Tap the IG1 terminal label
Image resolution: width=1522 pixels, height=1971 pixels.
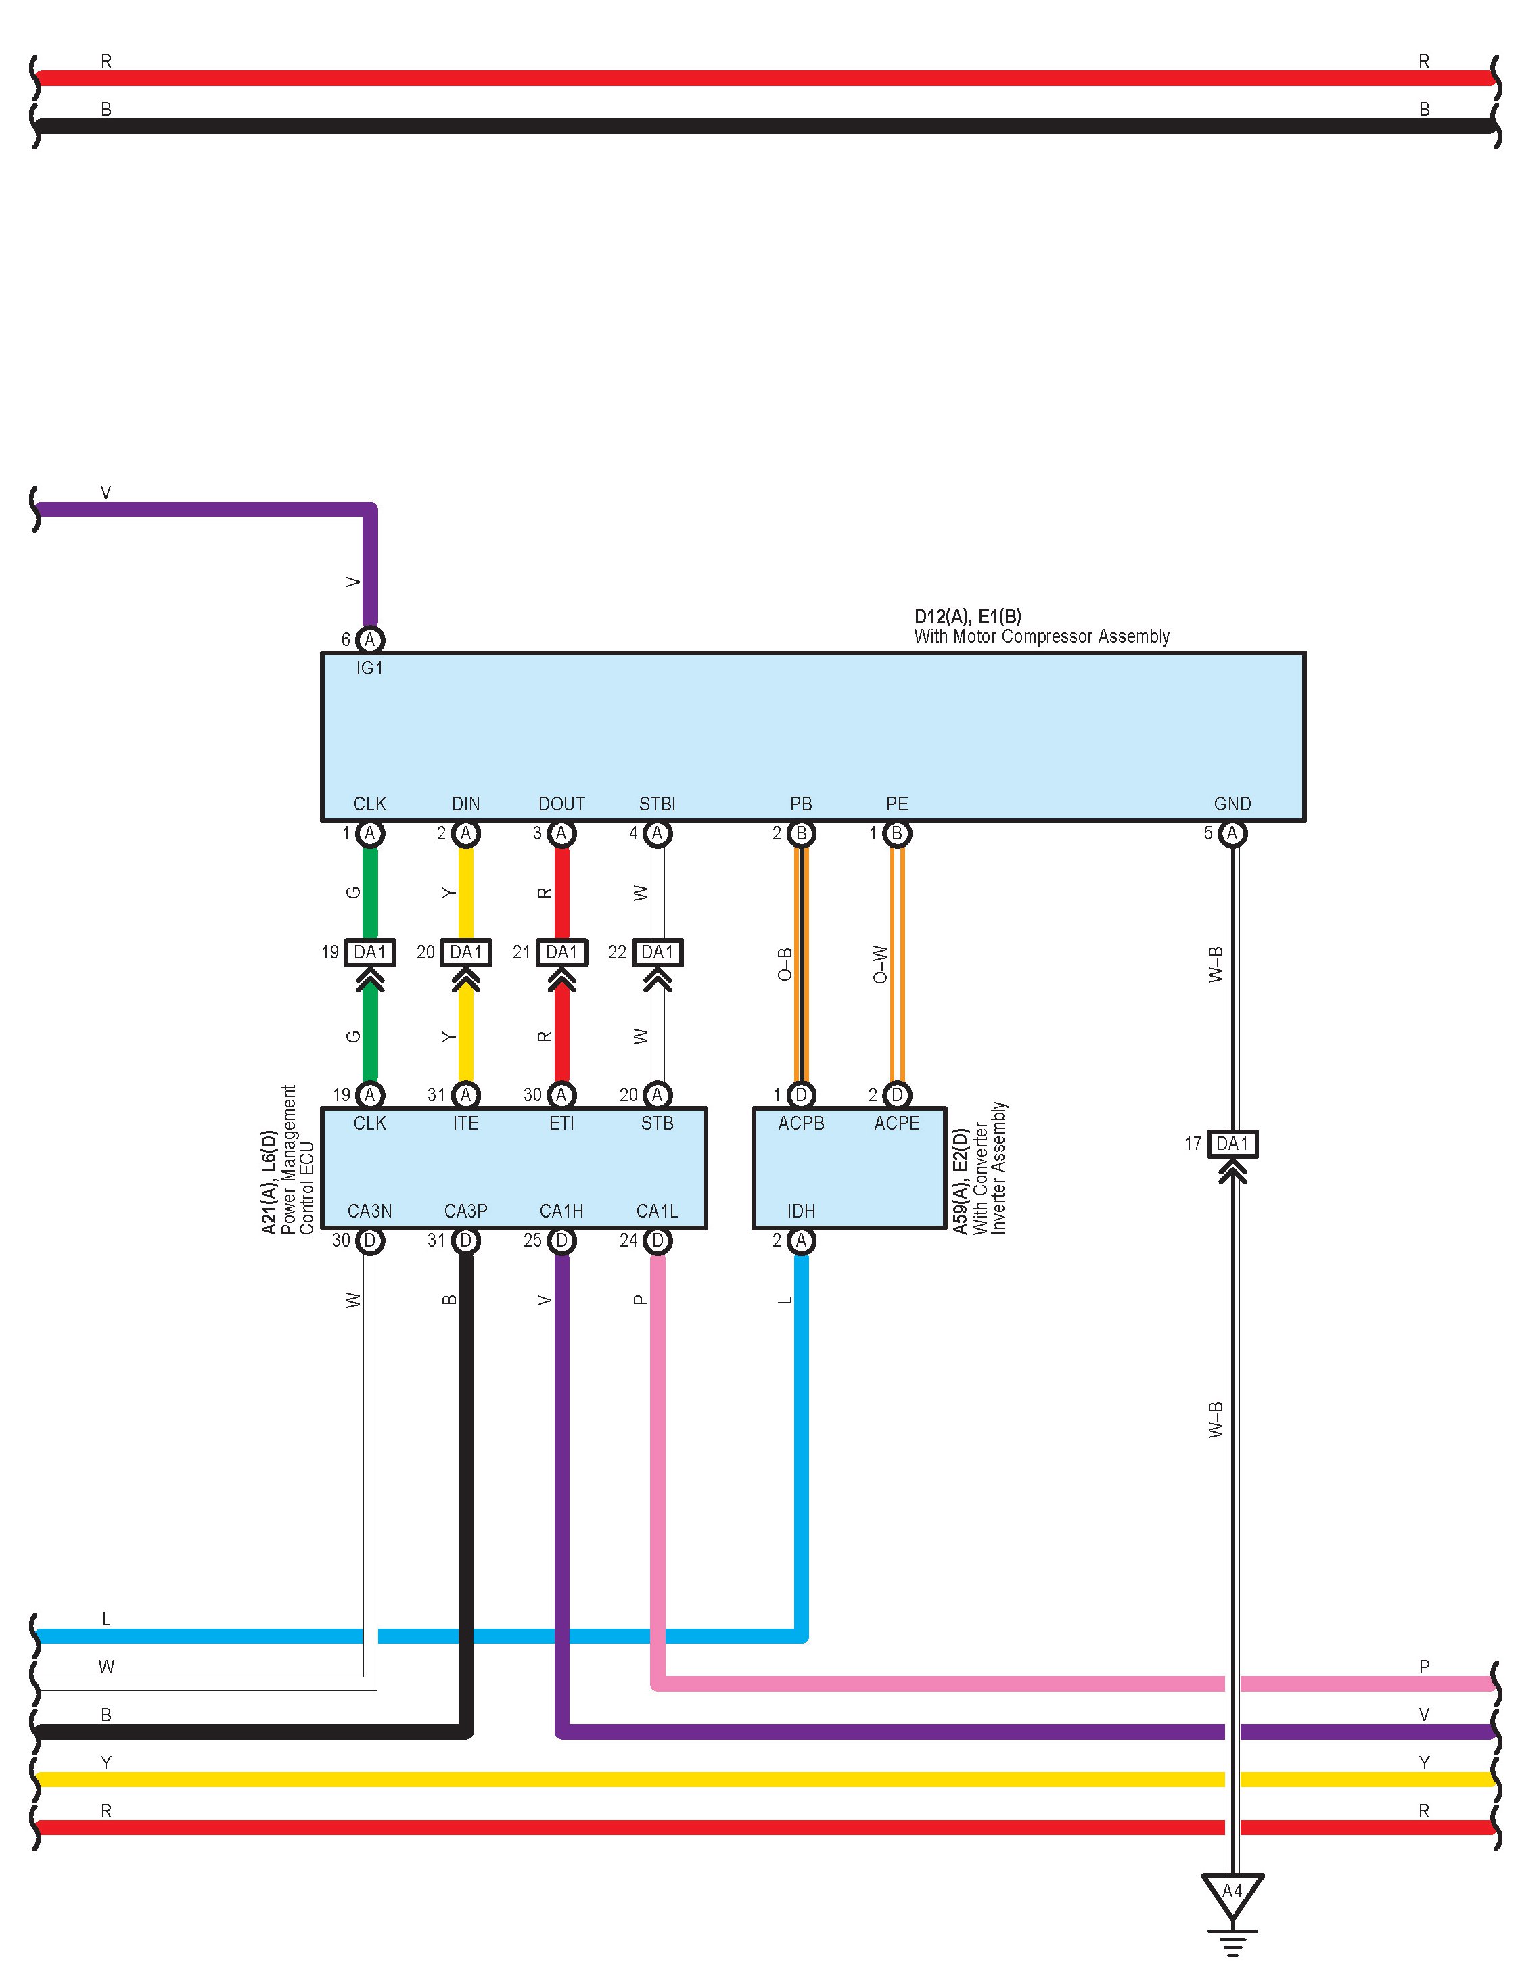tap(369, 669)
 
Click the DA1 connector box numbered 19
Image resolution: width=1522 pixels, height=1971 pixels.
tap(369, 952)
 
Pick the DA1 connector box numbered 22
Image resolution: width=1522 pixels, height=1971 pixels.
tap(658, 952)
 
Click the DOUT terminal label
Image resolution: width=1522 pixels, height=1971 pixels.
tap(561, 804)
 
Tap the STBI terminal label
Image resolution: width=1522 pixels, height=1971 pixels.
tap(658, 804)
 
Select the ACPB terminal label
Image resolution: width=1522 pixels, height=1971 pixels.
tap(801, 1123)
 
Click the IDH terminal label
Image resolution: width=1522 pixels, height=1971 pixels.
tap(801, 1211)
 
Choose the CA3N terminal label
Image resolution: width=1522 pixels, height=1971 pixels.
tap(369, 1211)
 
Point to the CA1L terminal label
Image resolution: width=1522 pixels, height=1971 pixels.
tap(658, 1211)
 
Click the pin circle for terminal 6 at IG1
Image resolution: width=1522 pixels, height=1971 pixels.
tap(369, 640)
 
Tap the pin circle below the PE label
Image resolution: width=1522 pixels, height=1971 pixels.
tap(896, 834)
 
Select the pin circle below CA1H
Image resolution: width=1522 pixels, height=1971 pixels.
tap(561, 1241)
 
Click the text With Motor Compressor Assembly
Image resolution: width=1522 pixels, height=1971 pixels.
tap(1041, 637)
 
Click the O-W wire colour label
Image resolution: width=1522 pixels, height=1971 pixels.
tap(880, 964)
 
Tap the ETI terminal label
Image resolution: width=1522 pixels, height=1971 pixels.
tap(561, 1123)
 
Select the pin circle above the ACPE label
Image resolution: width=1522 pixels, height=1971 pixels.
tap(896, 1094)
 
